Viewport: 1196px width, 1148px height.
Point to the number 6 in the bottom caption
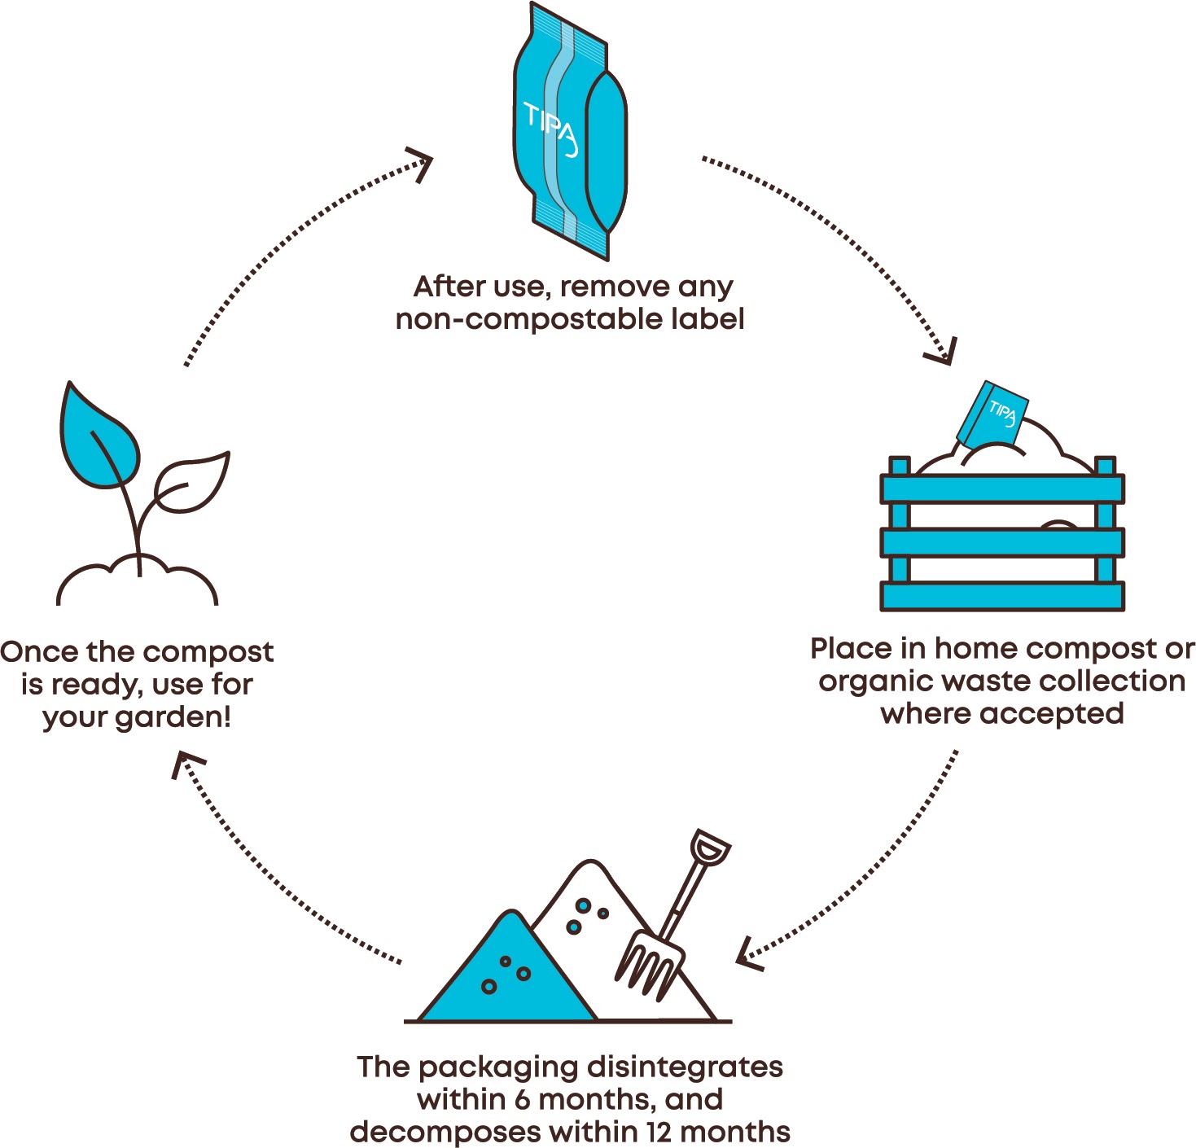pos(522,1100)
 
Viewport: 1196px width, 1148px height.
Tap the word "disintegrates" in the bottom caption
pos(685,1067)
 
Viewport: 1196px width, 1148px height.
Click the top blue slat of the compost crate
pos(1001,489)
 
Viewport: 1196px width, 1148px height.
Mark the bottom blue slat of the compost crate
pos(1001,596)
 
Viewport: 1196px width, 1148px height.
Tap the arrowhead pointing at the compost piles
pos(747,956)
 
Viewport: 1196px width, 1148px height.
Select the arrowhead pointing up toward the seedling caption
pos(186,764)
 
